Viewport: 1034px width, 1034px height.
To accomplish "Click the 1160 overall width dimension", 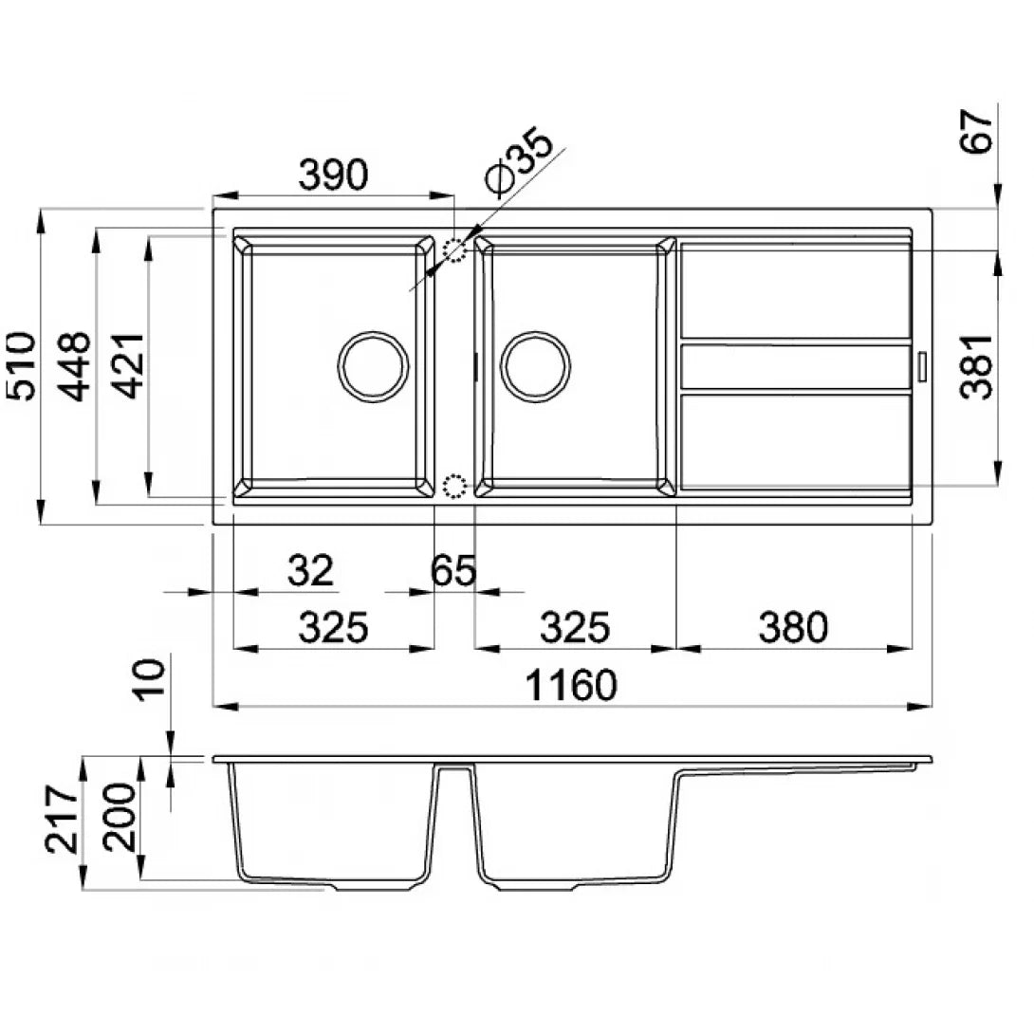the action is (x=571, y=685).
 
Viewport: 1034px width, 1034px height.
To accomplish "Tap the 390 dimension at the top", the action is (x=333, y=175).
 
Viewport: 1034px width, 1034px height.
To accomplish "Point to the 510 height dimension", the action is (x=21, y=366).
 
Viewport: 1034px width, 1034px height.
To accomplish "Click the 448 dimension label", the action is (x=73, y=366).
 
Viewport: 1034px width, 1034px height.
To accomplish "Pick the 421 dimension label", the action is (x=126, y=366).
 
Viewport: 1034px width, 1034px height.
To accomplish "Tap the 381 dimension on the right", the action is (x=976, y=367).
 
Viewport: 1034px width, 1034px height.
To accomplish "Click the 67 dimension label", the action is (x=976, y=131).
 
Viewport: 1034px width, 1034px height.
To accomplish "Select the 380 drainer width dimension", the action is (x=793, y=626).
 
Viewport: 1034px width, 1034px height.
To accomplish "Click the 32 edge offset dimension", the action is (x=310, y=570).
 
